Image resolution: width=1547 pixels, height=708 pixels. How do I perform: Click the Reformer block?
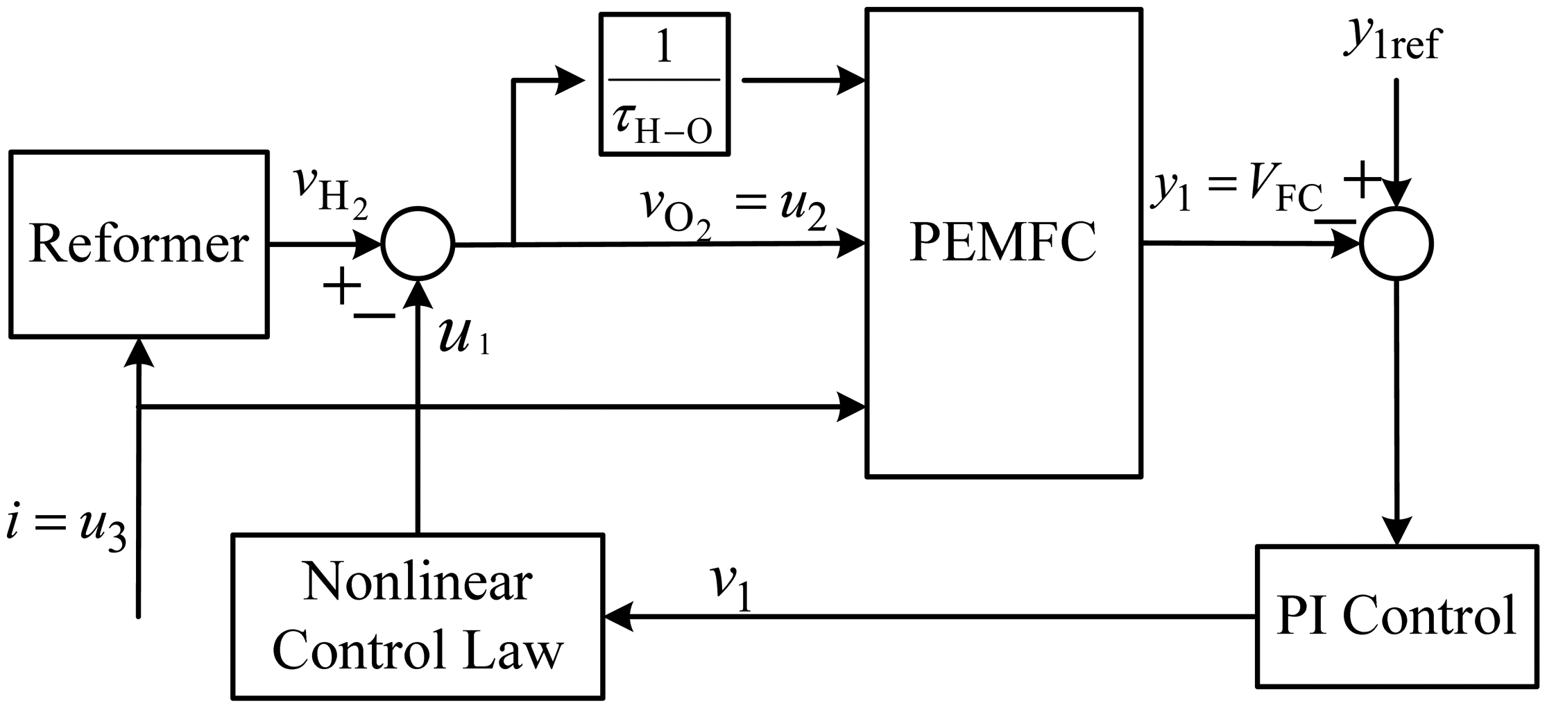(139, 244)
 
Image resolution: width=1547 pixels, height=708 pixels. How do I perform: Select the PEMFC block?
(1003, 243)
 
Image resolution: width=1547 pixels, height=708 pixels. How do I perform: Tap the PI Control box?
(1396, 616)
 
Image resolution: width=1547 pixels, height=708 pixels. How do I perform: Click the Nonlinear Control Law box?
(418, 616)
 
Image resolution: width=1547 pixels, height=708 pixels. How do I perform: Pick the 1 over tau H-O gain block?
(664, 83)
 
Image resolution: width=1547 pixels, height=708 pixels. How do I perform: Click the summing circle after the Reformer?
(418, 244)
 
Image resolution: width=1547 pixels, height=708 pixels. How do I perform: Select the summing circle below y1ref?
(1396, 244)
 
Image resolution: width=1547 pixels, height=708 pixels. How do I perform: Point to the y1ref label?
(1391, 43)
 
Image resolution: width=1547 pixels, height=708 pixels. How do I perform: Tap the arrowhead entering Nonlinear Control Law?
(619, 616)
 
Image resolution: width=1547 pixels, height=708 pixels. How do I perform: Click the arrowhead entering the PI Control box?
(1396, 532)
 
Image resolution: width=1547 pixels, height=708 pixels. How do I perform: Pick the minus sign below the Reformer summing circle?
(375, 317)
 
